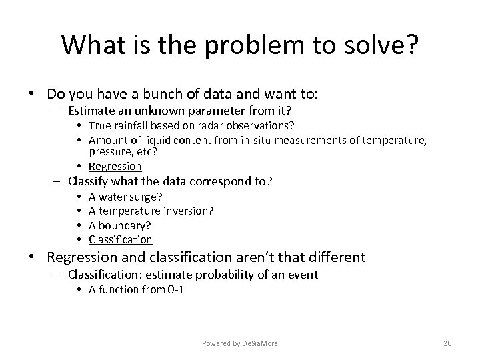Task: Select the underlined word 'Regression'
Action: point(115,166)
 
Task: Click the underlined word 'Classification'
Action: point(121,239)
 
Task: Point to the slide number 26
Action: point(447,343)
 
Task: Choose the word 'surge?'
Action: point(146,197)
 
